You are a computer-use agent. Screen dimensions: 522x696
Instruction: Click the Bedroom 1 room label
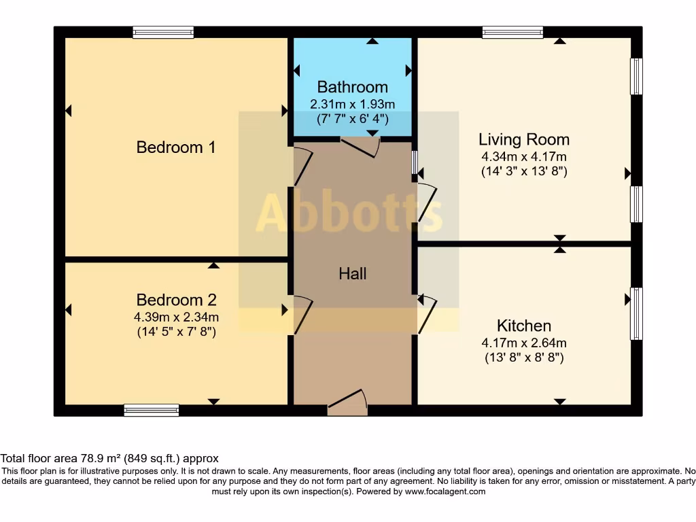pos(176,147)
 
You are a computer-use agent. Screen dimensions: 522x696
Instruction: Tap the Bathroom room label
pos(352,87)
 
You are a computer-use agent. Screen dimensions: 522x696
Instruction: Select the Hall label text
pos(352,273)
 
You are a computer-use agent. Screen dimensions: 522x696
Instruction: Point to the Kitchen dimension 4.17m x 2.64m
pos(523,343)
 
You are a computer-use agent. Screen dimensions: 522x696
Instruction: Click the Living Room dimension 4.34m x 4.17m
pos(523,157)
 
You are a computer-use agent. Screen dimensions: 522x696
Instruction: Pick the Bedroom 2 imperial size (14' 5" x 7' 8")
pos(177,332)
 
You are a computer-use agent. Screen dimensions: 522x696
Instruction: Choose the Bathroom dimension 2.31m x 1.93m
pos(352,105)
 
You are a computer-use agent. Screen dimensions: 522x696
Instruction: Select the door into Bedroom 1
pos(302,167)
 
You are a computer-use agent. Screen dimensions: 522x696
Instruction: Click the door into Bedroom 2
pos(302,315)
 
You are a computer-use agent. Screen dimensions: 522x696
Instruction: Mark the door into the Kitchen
pos(427,314)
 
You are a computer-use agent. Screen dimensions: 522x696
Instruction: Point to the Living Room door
pos(428,202)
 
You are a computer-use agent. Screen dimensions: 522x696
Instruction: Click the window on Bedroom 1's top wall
pos(163,32)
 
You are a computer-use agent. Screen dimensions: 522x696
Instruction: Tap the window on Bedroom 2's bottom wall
pos(152,410)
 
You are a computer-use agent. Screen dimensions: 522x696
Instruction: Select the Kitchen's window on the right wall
pos(636,313)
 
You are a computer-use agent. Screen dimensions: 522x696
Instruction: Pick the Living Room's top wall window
pos(512,32)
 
